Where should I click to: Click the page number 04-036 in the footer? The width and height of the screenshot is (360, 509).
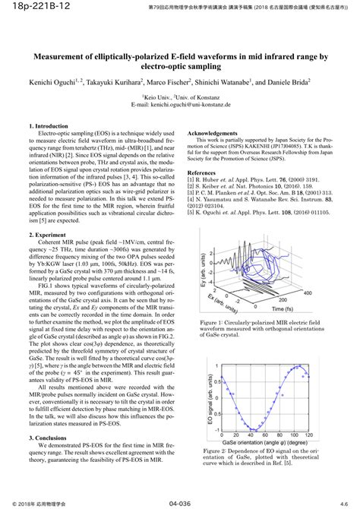(x=179, y=503)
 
